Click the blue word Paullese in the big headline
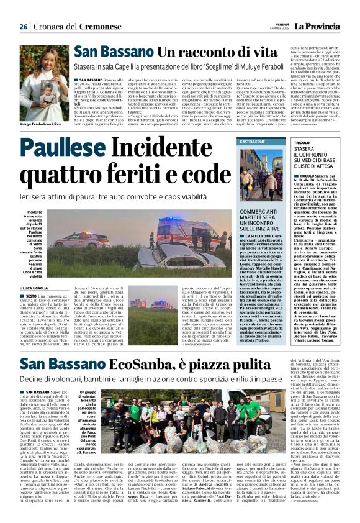(64, 148)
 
